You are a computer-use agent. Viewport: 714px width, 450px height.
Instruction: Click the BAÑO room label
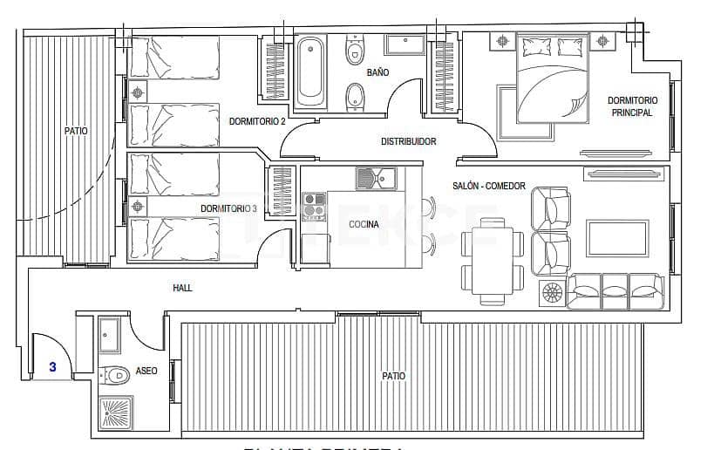point(377,72)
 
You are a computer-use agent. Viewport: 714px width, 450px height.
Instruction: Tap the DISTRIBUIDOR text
point(408,141)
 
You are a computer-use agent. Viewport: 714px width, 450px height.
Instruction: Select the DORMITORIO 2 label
point(257,122)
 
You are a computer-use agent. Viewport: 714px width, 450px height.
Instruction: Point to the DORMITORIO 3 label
point(228,209)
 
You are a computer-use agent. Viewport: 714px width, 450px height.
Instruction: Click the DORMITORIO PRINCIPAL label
point(632,106)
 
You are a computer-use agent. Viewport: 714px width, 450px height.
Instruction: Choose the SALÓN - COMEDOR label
point(489,187)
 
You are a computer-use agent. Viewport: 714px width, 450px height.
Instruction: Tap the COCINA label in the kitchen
point(363,225)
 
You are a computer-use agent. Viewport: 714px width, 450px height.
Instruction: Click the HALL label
point(182,288)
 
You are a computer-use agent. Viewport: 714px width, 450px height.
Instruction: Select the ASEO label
point(146,372)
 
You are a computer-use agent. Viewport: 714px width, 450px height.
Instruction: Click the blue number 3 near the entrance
point(52,367)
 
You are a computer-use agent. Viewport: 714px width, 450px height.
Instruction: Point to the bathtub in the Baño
point(310,70)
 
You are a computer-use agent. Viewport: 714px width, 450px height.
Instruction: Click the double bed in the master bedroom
point(553,78)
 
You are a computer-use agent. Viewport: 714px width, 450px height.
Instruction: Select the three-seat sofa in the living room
point(615,290)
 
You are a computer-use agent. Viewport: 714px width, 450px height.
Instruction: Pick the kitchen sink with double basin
point(375,179)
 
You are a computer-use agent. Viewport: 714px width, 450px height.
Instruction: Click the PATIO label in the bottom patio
point(393,376)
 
